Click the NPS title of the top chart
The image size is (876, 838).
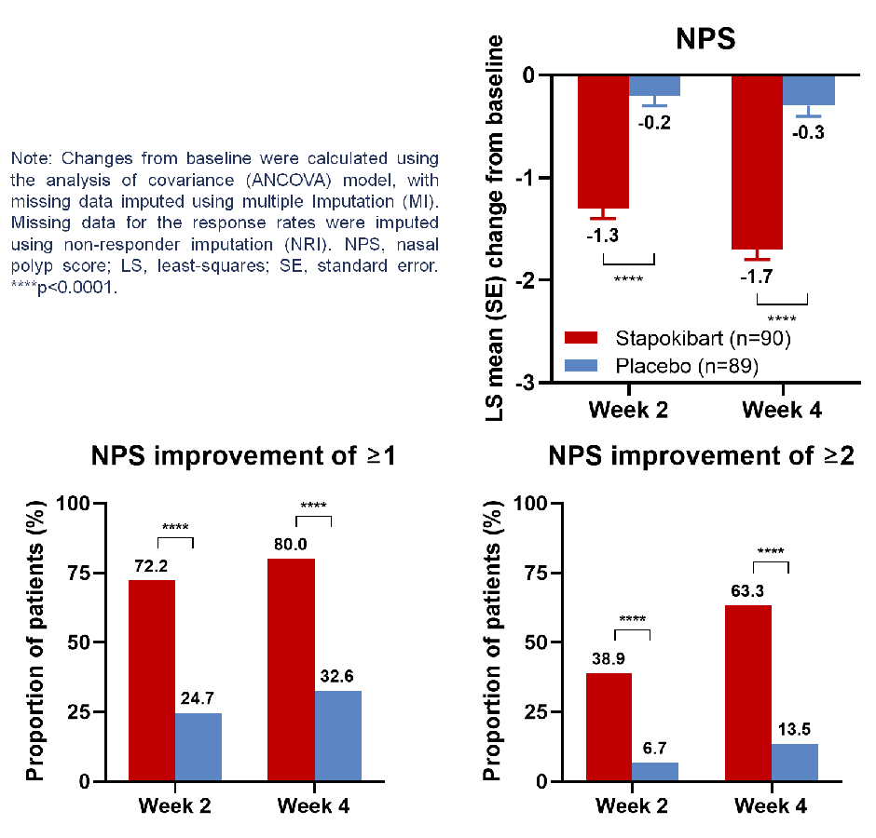coord(705,39)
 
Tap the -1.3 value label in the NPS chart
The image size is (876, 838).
coord(602,236)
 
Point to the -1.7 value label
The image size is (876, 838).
coord(756,277)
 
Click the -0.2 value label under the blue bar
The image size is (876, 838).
coord(654,123)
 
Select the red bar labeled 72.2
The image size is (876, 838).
coord(152,680)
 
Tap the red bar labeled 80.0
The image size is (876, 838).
coord(291,669)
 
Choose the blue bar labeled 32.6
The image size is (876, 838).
coord(338,736)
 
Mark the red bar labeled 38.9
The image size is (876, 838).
coord(609,726)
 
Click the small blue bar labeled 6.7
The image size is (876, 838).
coord(655,772)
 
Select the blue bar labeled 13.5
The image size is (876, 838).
coord(795,762)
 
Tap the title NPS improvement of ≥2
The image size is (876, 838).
coord(701,457)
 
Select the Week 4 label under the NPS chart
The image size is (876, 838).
coord(781,410)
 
